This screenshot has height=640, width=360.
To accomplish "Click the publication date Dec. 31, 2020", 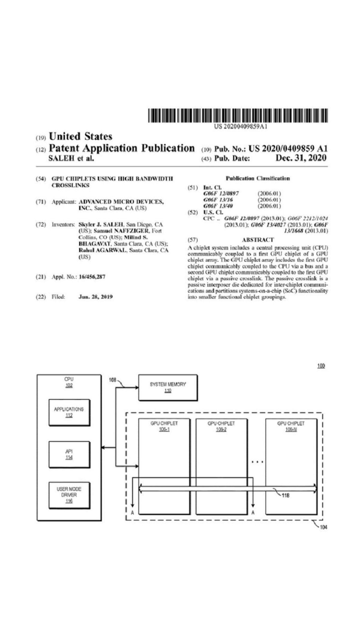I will click(301, 158).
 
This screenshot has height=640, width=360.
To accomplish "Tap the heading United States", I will click(80, 136).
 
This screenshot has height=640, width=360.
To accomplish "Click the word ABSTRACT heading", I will click(258, 240).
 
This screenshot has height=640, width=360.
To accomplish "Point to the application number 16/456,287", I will click(92, 277).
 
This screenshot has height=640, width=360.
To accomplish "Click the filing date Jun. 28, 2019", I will click(95, 297).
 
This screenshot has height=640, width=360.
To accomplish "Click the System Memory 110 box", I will click(168, 387).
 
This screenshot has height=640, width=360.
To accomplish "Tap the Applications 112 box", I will click(69, 412).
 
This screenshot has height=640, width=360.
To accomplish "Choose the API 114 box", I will click(69, 454).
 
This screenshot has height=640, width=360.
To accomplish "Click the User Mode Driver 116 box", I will click(69, 495).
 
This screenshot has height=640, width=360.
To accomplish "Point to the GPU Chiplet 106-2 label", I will click(221, 426).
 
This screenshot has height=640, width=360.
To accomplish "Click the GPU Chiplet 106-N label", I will click(291, 426).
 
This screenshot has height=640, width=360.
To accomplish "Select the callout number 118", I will click(286, 495).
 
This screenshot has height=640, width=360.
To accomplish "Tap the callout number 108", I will click(112, 380).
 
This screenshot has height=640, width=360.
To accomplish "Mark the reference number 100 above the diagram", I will click(321, 366).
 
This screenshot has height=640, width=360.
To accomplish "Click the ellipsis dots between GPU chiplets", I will click(257, 462).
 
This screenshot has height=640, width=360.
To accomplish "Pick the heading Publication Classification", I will click(258, 178).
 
